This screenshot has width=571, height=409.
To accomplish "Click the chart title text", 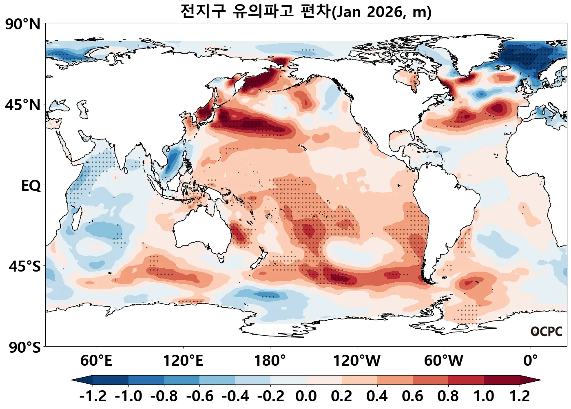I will click(305, 11).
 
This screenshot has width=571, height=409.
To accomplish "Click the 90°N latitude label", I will click(23, 24).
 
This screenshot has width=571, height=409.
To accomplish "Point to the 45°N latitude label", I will click(23, 105).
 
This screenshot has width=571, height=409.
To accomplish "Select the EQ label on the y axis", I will click(31, 186).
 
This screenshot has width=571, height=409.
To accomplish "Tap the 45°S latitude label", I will click(24, 266).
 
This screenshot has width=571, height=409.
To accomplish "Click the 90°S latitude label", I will click(24, 347).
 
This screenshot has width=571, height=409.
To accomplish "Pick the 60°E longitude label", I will click(96, 361).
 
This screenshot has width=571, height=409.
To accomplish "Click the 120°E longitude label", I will click(183, 361).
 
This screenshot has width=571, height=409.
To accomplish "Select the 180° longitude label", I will click(270, 361).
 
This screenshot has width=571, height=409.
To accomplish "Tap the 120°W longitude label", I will click(357, 361).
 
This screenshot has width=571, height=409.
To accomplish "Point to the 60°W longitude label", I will click(444, 361).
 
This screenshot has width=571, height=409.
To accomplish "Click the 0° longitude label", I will click(531, 361).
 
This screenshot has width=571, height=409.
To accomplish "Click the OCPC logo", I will click(547, 332).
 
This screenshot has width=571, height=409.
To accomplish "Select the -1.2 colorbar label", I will click(93, 396).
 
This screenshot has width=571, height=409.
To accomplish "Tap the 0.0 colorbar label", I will click(306, 396).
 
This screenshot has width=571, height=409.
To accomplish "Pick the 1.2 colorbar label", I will click(520, 396).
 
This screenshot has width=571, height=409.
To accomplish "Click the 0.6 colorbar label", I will click(412, 396).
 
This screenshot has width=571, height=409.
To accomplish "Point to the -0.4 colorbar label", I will click(235, 396).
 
